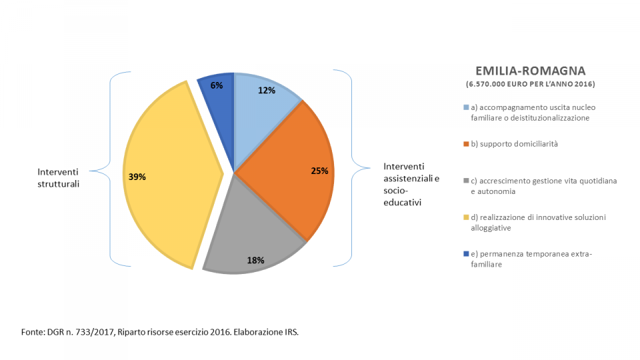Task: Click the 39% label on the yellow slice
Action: coord(137,177)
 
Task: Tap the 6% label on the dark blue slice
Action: coord(216,85)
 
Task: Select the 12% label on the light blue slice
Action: coord(267,91)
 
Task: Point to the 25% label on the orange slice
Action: coord(319,171)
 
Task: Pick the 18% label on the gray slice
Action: coord(255,261)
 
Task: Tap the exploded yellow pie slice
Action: coord(167,175)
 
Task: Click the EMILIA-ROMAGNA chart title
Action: coord(531,71)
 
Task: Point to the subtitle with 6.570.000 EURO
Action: coord(531,84)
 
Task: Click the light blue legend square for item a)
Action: coord(466,107)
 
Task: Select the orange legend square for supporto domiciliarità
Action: coord(466,144)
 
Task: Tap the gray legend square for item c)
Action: coord(466,181)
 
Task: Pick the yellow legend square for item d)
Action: coord(466,217)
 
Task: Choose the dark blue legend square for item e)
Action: coord(466,254)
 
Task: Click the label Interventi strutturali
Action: coord(59,178)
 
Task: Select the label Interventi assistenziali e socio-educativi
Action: coord(411,184)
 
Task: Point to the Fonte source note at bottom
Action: coord(160,332)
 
